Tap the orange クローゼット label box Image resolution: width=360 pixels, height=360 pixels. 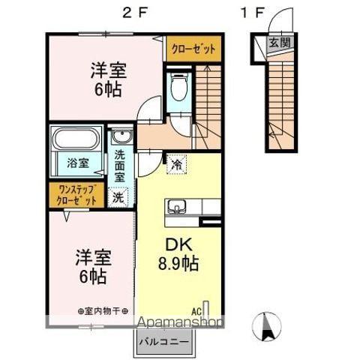[x=193, y=49]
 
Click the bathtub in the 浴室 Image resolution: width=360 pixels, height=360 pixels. [x=76, y=141]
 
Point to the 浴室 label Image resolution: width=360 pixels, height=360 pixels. [x=76, y=162]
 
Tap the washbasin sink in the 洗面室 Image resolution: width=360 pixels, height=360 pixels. [x=120, y=137]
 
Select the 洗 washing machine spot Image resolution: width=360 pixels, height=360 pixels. [x=118, y=198]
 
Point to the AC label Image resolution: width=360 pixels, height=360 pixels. [x=196, y=308]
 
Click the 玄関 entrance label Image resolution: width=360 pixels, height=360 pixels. [x=278, y=43]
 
